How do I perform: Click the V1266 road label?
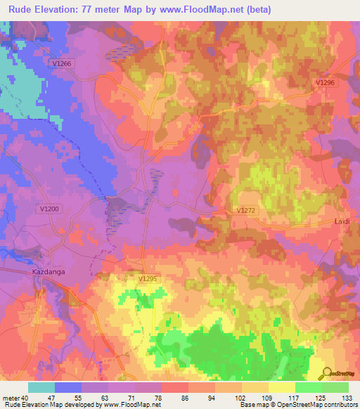click(x=63, y=63)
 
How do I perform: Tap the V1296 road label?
click(x=325, y=82)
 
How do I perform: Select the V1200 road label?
click(x=50, y=209)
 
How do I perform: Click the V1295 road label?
click(x=148, y=279)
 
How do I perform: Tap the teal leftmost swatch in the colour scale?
click(x=41, y=387)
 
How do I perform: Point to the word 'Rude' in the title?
click(x=21, y=10)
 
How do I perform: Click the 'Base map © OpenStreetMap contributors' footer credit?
click(x=298, y=405)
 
